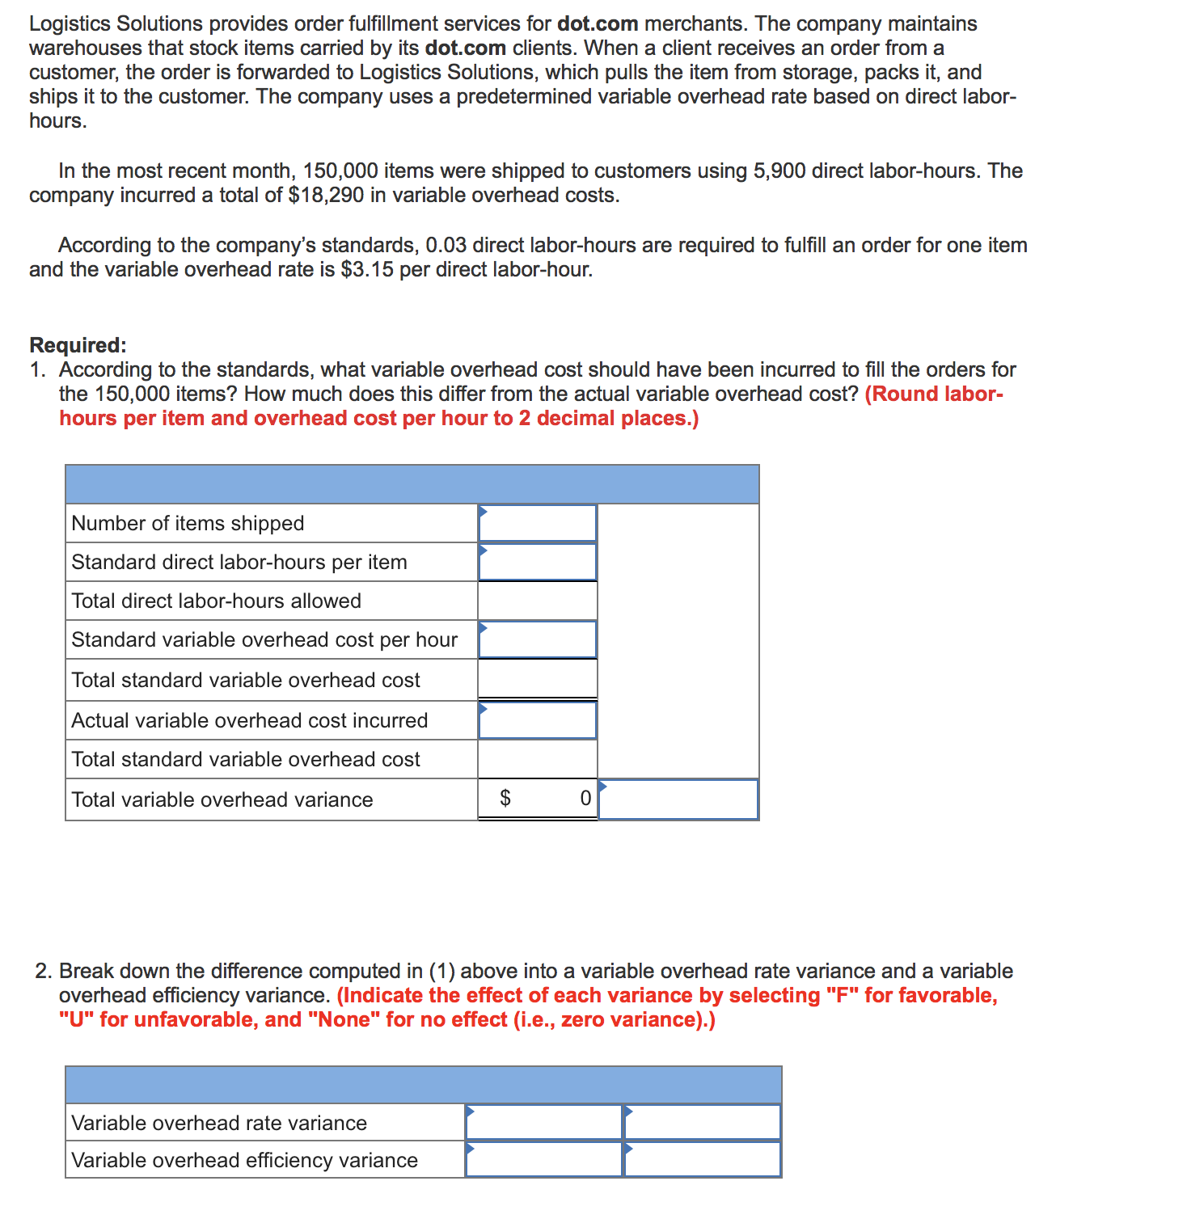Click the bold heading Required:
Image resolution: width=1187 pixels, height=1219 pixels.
coord(78,345)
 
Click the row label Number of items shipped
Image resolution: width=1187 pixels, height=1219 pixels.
coord(188,524)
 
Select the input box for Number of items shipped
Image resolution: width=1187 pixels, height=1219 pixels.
coord(537,524)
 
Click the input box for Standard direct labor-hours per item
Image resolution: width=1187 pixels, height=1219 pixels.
coord(537,563)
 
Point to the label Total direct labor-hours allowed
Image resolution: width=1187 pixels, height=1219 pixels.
coord(216,601)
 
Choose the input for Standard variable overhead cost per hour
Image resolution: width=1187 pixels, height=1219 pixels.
coord(537,640)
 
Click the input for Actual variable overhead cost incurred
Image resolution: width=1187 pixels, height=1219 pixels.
coord(537,720)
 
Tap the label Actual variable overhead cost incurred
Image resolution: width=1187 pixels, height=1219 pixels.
coord(249,720)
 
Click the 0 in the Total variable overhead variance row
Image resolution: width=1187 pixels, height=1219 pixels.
coord(585,799)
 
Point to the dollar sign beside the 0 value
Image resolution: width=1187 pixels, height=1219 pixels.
coord(505,799)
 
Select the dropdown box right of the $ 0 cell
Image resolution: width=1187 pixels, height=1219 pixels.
coord(678,799)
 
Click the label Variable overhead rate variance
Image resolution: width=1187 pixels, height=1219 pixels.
coord(219,1123)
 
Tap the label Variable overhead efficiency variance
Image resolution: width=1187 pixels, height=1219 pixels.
coord(244,1161)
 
